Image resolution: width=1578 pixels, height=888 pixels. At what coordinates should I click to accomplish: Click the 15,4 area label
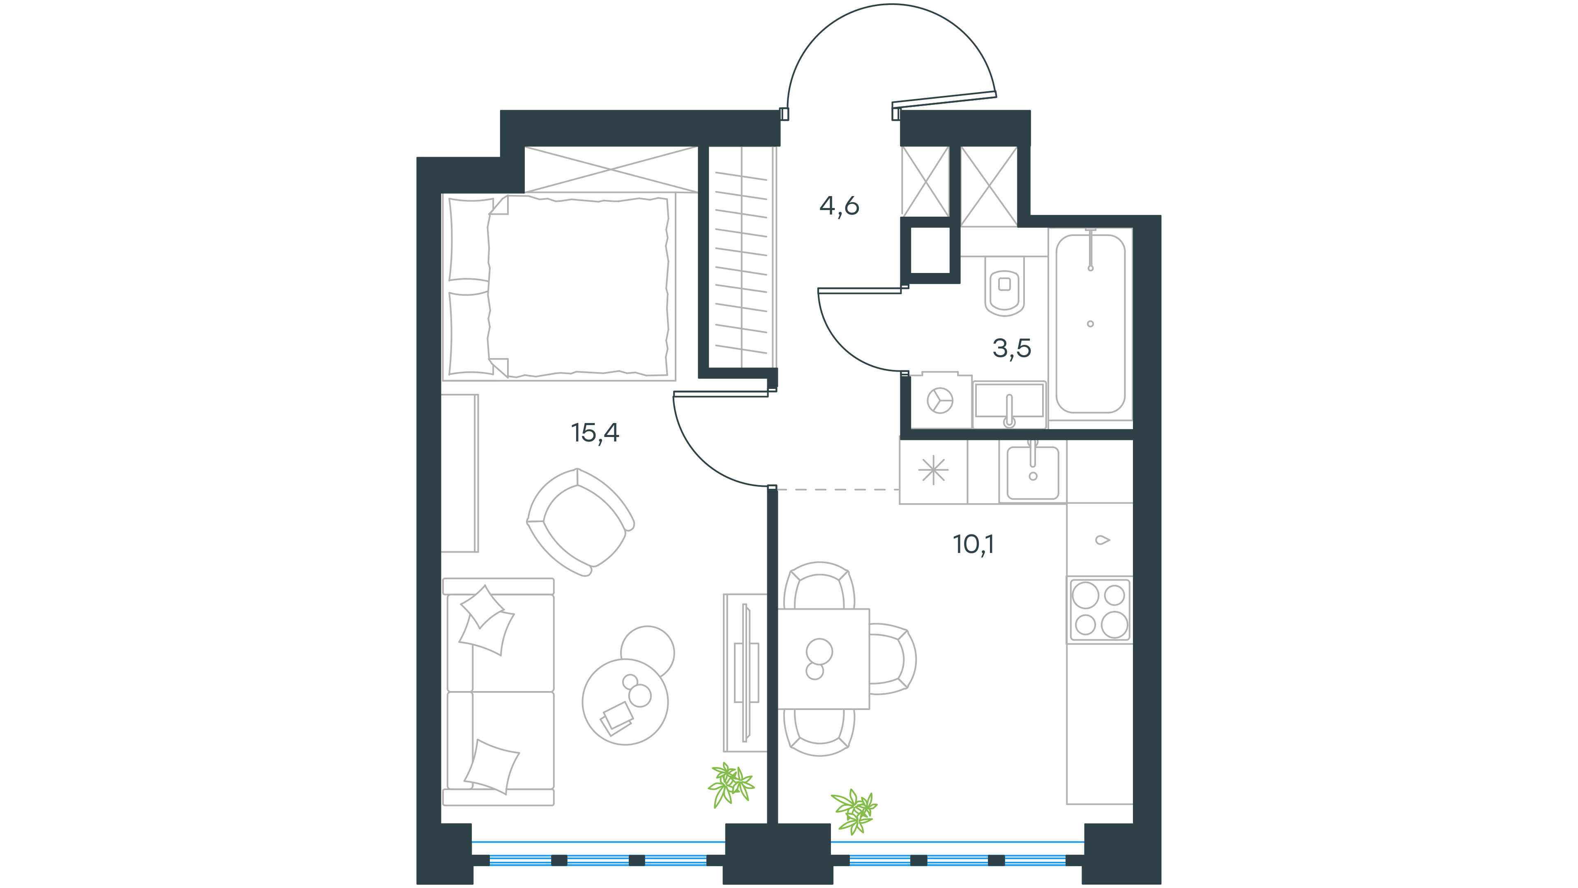click(595, 432)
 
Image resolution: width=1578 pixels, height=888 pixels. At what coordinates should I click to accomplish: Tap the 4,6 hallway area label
click(839, 206)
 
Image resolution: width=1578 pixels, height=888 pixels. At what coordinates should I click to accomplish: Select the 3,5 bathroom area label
click(1011, 348)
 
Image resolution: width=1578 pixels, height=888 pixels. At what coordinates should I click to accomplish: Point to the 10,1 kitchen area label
click(974, 543)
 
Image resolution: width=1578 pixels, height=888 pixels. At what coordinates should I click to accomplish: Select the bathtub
click(1090, 323)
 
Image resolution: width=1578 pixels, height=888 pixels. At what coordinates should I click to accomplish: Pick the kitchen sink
click(1033, 472)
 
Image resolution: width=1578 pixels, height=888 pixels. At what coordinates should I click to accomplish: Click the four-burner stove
click(1100, 610)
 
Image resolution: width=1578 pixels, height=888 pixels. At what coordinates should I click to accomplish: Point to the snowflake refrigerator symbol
click(933, 471)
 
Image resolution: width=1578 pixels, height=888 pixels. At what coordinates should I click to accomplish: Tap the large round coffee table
click(625, 702)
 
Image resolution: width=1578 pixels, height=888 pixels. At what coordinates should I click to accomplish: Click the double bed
click(559, 286)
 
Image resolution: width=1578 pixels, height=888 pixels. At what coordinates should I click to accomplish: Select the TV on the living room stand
click(746, 672)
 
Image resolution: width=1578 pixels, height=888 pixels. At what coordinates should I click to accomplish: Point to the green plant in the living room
click(731, 785)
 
